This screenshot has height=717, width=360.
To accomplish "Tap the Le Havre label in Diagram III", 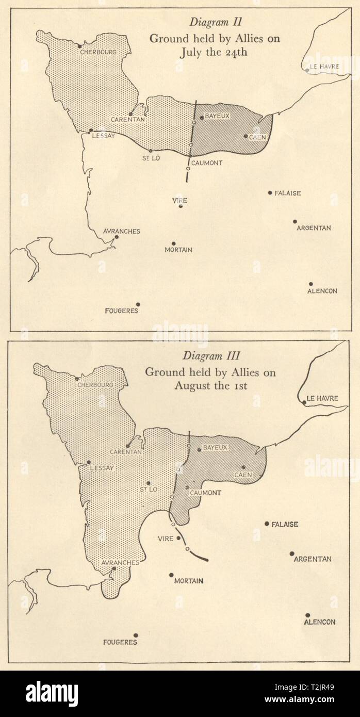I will tap(322, 398).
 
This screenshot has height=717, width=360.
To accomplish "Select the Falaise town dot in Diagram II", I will tap(270, 193).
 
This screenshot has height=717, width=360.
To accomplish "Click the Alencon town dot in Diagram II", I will tap(311, 284).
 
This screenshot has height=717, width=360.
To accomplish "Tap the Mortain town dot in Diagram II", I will tap(174, 243).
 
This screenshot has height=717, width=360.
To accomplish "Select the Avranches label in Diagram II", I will tap(122, 231).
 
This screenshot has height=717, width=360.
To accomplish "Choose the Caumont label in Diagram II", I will tap(207, 163).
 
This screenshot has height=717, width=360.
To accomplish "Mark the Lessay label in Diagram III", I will tap(102, 468).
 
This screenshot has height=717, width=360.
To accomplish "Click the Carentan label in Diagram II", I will tap(128, 120).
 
